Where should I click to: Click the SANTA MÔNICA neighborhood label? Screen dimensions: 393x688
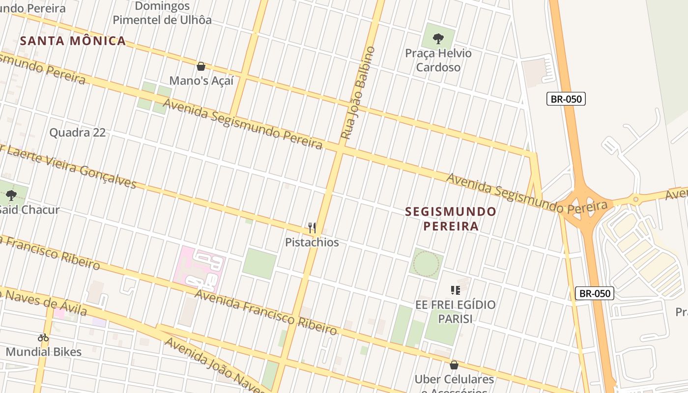click(x=73, y=41)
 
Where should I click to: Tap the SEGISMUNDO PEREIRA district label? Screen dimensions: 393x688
click(x=451, y=219)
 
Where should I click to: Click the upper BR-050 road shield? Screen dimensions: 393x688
click(x=566, y=99)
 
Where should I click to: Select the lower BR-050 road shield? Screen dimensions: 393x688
click(x=595, y=294)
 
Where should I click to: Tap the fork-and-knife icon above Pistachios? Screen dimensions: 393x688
click(x=312, y=227)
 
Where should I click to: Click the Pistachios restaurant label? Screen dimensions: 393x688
click(x=312, y=242)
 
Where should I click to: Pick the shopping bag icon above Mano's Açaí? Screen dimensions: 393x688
click(x=201, y=66)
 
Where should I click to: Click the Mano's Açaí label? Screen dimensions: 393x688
click(x=201, y=81)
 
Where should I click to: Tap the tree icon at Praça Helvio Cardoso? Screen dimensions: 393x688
click(x=438, y=38)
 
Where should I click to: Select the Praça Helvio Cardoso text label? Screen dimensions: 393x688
click(x=438, y=60)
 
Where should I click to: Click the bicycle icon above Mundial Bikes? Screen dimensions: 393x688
click(x=43, y=337)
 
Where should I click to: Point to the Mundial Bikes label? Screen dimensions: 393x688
click(x=43, y=352)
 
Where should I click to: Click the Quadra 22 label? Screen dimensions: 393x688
click(x=78, y=132)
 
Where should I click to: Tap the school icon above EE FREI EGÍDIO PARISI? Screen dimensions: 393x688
click(x=455, y=290)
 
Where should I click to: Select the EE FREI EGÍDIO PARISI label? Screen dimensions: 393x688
click(x=455, y=311)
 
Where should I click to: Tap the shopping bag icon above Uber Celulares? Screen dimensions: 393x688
click(x=454, y=365)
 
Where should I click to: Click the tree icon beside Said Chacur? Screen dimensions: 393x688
click(x=11, y=196)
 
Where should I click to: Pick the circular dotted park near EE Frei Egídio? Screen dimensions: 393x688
click(x=426, y=263)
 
